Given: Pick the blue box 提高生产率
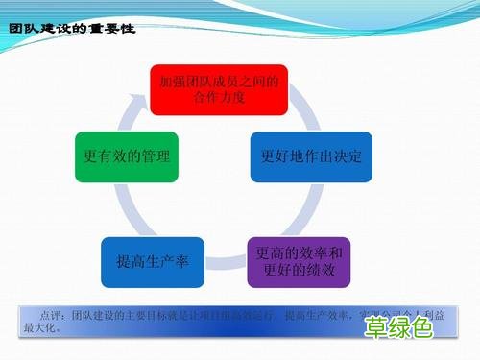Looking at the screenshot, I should (x=153, y=262).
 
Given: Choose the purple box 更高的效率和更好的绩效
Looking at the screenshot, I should (x=299, y=262).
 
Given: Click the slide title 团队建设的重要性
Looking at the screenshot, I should (x=71, y=30).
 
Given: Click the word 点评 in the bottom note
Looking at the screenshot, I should (x=52, y=314).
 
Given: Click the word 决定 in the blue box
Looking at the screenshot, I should (x=348, y=156).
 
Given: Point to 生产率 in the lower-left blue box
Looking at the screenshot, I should (x=169, y=262).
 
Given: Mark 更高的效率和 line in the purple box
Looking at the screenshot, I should (x=299, y=253).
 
